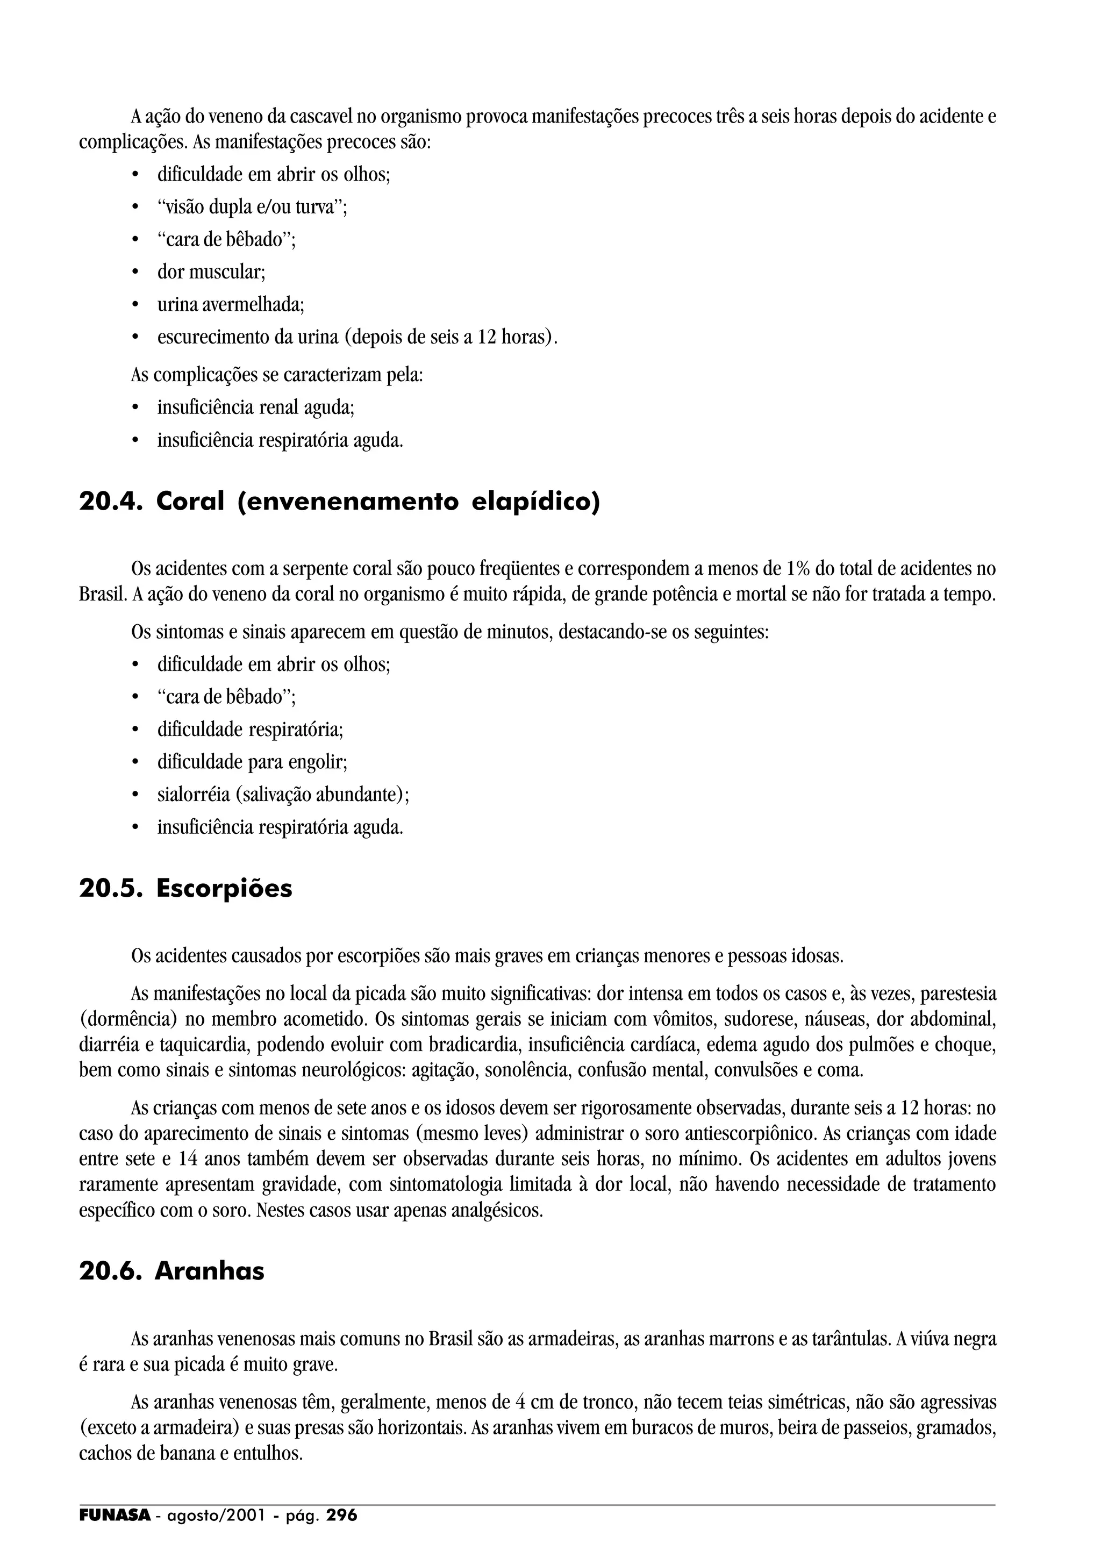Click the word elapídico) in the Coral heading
535,502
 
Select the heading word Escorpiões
224,888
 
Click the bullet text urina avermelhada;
231,305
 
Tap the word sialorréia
194,795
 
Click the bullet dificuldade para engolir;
252,762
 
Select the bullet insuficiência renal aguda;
256,408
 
